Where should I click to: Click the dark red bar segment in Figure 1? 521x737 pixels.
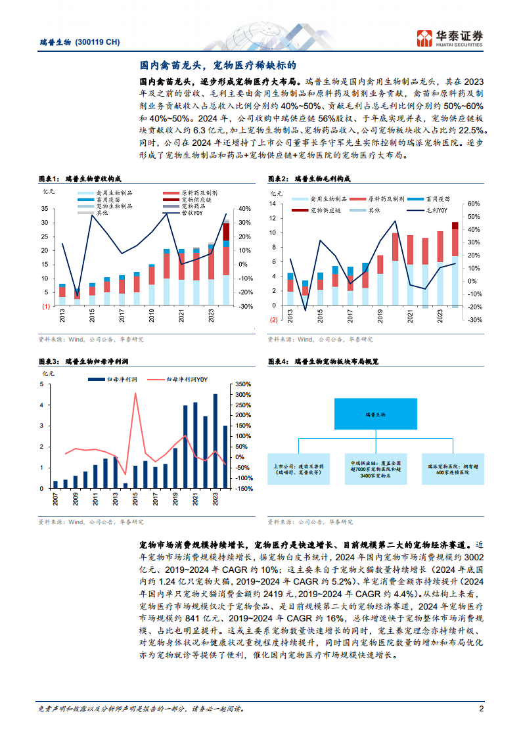226,232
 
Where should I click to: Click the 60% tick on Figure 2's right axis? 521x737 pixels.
474,204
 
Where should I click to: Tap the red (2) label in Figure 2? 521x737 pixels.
272,320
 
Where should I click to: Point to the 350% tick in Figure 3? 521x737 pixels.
242,384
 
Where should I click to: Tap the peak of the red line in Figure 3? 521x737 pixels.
136,394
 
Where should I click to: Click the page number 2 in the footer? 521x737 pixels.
482,709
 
